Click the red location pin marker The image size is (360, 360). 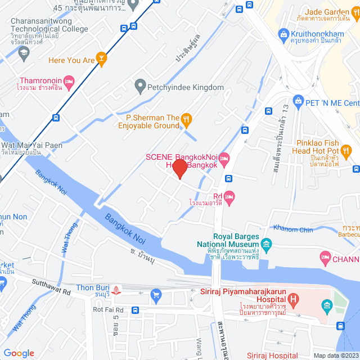click(x=179, y=169)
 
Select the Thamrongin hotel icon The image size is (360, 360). click(x=69, y=82)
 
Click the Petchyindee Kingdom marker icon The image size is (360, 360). click(x=140, y=87)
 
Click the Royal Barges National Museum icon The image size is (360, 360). click(x=266, y=244)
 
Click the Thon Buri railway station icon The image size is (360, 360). click(x=116, y=289)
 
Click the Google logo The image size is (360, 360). click(x=19, y=353)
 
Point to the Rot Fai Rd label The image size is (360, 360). click(x=109, y=309)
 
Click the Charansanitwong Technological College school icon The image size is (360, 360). click(x=24, y=53)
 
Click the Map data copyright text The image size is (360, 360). click(x=335, y=355)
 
